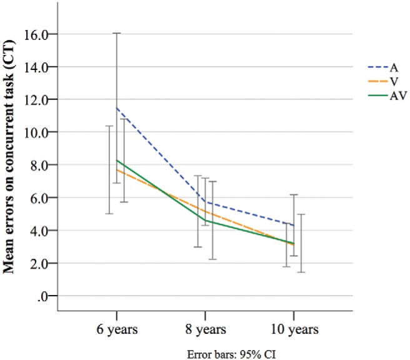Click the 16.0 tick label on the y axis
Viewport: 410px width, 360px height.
pyautogui.click(x=37, y=34)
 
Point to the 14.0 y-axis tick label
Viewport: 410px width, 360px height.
pyautogui.click(x=37, y=67)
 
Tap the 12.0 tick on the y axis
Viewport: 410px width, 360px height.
pyautogui.click(x=37, y=99)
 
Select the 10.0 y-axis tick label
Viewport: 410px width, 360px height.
pyautogui.click(x=37, y=132)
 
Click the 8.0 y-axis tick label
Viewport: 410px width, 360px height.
pyautogui.click(x=39, y=165)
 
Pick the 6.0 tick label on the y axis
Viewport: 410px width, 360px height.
pyautogui.click(x=39, y=197)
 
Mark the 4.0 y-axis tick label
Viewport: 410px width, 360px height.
pyautogui.click(x=39, y=231)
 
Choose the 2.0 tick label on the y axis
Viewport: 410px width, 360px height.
pyautogui.click(x=39, y=263)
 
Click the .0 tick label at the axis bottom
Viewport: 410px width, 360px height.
pyautogui.click(x=42, y=296)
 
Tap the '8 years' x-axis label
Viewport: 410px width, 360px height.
pyautogui.click(x=205, y=329)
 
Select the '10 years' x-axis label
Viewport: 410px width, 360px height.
pyautogui.click(x=294, y=329)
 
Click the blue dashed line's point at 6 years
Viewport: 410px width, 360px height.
pyautogui.click(x=116, y=107)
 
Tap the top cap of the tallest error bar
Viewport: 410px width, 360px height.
pyautogui.click(x=116, y=33)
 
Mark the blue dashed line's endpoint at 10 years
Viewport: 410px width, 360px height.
pyautogui.click(x=294, y=225)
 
